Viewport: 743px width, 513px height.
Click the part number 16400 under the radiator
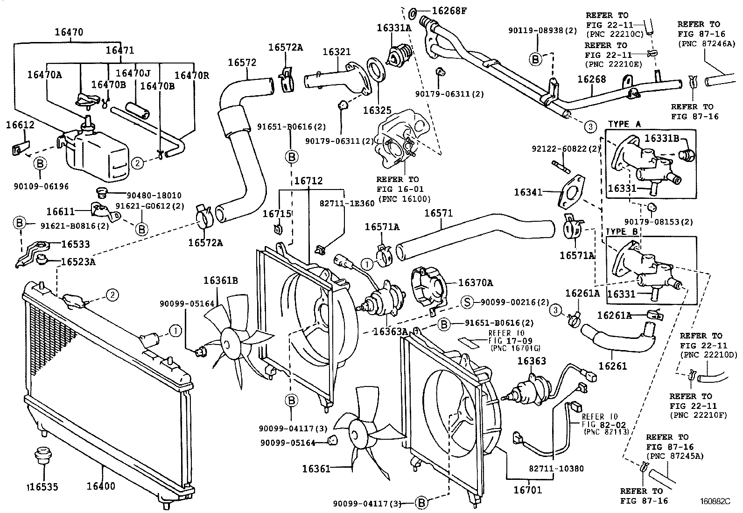click(100, 486)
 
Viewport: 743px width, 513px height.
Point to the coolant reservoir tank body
click(98, 156)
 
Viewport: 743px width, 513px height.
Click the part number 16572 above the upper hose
click(242, 63)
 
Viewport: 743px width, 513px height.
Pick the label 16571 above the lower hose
click(438, 213)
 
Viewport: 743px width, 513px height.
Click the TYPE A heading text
click(624, 125)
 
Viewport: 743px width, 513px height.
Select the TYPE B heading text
click(622, 232)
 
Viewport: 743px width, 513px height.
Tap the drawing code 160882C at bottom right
click(714, 502)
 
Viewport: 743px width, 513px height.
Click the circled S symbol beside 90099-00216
click(467, 302)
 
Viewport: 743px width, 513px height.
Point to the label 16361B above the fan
click(220, 280)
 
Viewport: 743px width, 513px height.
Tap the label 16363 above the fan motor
click(532, 361)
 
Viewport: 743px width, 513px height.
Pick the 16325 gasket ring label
click(377, 111)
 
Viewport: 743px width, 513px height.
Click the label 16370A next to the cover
click(476, 282)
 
